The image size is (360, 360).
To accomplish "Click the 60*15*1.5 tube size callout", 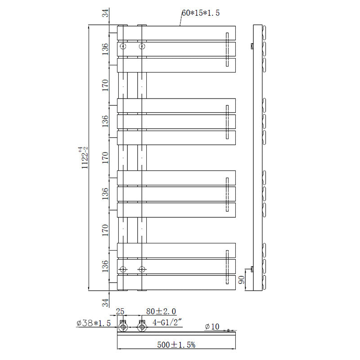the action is [200, 13].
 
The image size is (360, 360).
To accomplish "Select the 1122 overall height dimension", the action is [84, 158].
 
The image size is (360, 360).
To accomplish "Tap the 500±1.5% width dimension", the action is [176, 345].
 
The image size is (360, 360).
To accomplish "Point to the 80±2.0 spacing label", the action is [161, 311].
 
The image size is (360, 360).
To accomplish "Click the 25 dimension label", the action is [120, 311].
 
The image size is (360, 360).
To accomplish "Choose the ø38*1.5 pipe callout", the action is [94, 323].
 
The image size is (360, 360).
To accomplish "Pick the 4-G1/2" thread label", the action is [167, 322].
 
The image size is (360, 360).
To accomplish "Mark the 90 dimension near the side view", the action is [242, 280].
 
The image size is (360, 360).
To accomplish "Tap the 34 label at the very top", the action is [105, 13].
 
